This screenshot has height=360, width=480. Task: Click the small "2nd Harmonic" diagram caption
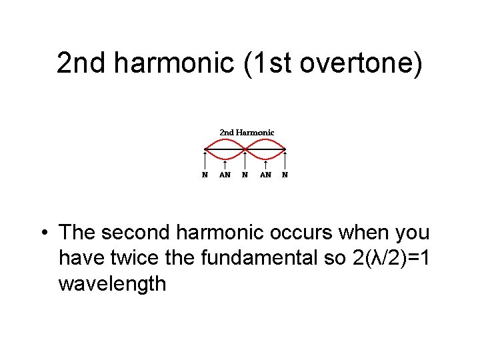tap(247, 133)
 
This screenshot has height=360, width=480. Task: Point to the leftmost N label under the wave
tap(205, 175)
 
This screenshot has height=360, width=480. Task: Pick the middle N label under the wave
tap(245, 175)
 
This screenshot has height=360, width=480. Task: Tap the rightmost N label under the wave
tap(285, 175)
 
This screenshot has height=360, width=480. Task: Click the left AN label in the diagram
tap(225, 175)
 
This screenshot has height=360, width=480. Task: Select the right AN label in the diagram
tap(265, 175)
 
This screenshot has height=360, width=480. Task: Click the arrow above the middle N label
tap(245, 161)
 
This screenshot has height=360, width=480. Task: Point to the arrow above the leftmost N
tap(205, 161)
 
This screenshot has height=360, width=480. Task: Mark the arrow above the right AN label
tap(265, 165)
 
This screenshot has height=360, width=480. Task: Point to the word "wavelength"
tap(112, 284)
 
